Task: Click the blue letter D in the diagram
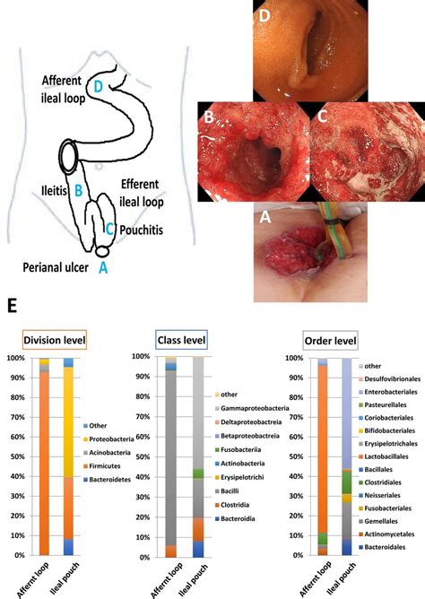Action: click(x=99, y=86)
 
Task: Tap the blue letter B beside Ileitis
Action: click(x=79, y=189)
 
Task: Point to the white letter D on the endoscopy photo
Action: click(x=264, y=15)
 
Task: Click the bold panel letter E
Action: click(x=11, y=308)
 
